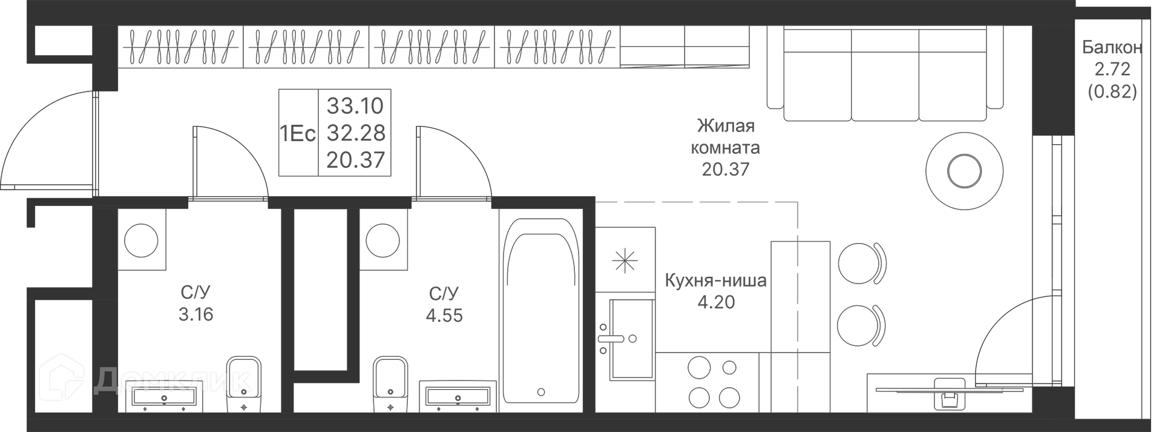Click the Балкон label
coord(1112,47)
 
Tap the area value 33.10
coord(355,105)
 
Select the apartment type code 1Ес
coord(298,133)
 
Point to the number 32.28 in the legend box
coord(355,133)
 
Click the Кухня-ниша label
coord(716,281)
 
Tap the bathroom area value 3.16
coord(196,314)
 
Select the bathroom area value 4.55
coord(444,315)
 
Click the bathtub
coord(540,311)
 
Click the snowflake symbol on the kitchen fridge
coord(625,260)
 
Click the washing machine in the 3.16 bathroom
coord(142,240)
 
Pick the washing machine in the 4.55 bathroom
coord(384,240)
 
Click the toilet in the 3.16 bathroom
coord(244,385)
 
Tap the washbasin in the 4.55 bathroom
coord(458,397)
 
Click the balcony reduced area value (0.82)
coord(1112,91)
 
